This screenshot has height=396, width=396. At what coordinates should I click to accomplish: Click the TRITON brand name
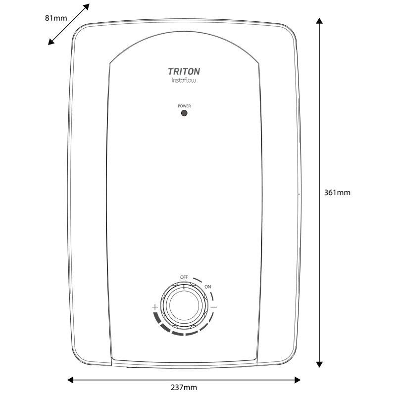[x=183, y=71]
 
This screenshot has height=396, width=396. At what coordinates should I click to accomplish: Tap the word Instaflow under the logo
[x=183, y=81]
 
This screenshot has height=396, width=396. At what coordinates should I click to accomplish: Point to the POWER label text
[x=184, y=106]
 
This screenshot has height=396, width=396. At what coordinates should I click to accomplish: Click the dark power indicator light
[x=184, y=113]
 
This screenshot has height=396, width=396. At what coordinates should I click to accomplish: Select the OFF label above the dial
[x=184, y=277]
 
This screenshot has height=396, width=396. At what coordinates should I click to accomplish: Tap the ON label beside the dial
[x=207, y=287]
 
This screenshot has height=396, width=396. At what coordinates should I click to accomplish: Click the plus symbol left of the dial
[x=155, y=307]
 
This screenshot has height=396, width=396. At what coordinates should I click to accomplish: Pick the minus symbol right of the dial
[x=213, y=307]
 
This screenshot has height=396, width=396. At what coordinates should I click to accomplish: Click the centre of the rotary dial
[x=184, y=307]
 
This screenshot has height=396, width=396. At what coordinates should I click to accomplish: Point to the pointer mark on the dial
[x=184, y=287]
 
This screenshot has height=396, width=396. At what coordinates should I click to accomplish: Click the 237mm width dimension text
[x=184, y=388]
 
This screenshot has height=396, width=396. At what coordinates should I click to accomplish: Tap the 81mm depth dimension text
[x=55, y=18]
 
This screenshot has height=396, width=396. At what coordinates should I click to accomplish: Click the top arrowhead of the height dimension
[x=319, y=22]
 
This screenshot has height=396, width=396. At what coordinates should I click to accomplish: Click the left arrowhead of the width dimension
[x=70, y=380]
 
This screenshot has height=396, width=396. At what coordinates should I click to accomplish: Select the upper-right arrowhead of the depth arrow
[x=87, y=6]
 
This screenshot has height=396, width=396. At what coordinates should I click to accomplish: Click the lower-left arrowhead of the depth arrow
[x=50, y=43]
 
